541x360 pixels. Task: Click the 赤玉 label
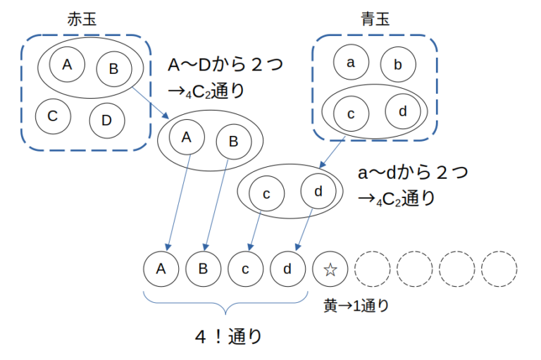tap(82, 20)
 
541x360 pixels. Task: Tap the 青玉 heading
tap(372, 20)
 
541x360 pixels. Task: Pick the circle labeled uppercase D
tap(106, 120)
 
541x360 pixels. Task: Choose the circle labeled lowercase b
tap(397, 66)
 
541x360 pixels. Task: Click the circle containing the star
tap(330, 268)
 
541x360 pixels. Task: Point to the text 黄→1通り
tap(356, 306)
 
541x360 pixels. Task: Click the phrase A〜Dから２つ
tap(225, 66)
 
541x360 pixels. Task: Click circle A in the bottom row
tap(161, 268)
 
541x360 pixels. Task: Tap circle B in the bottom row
tap(204, 268)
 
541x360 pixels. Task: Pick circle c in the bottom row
tap(246, 268)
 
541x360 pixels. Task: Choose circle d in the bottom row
tap(288, 268)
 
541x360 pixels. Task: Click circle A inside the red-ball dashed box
tap(67, 65)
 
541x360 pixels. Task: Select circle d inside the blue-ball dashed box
tap(402, 111)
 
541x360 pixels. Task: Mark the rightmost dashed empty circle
tap(499, 268)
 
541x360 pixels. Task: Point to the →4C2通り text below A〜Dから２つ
tap(205, 92)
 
